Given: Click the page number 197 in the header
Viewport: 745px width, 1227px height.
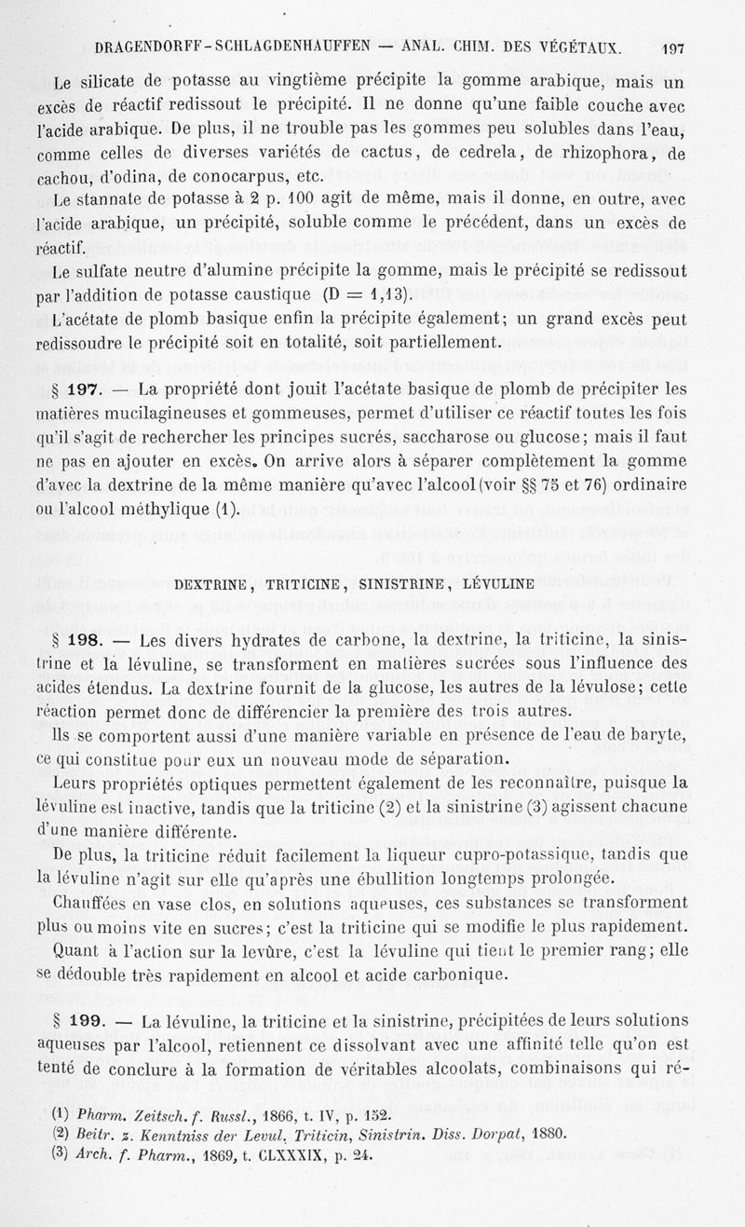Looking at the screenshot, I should click(670, 48).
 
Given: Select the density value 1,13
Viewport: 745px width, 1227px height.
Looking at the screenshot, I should click(386, 295).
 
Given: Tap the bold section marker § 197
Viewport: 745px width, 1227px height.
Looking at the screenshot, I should click(80, 389).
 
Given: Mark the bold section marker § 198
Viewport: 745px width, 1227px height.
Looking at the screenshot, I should click(80, 640).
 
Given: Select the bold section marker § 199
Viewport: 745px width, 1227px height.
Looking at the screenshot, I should click(80, 1021).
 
